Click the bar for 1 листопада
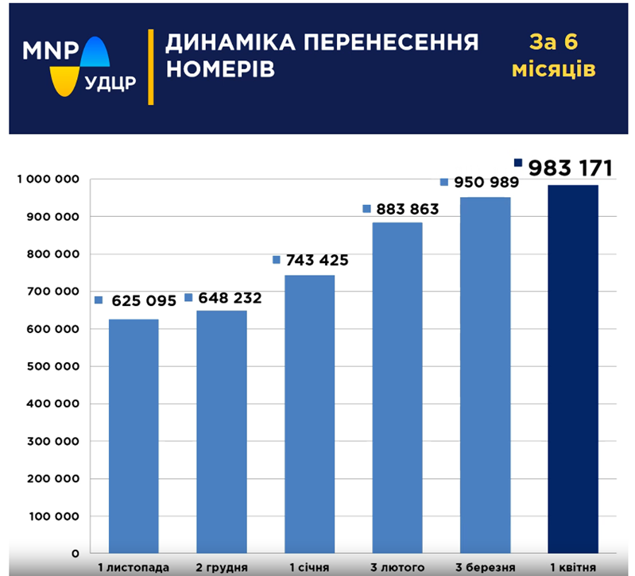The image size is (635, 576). pos(134,435)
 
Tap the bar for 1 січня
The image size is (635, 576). pos(309,413)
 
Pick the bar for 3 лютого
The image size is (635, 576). pos(397,387)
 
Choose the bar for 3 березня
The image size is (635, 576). pos(486,374)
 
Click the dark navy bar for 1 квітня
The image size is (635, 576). pos(573,368)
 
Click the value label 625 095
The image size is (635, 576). pos(145,301)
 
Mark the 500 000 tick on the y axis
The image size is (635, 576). pos(53,366)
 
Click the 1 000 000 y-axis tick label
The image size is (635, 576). pos(48,180)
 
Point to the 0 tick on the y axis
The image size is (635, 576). pos(76,553)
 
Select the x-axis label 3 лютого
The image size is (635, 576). pos(397,567)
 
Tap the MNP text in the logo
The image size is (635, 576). pos(51,50)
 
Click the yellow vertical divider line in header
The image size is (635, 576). pos(150,67)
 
